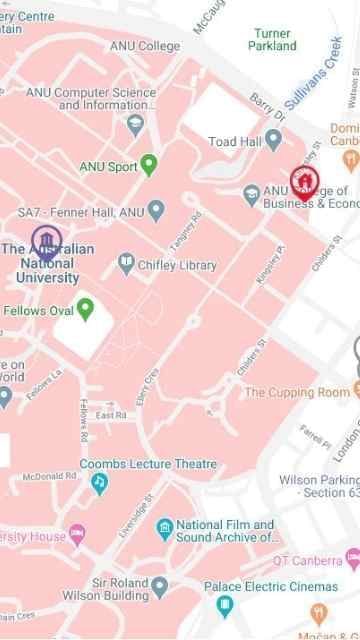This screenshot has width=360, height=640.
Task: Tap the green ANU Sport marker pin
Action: tap(150, 165)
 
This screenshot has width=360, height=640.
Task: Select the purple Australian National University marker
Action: tap(45, 241)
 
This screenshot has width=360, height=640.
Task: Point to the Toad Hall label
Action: tap(236, 142)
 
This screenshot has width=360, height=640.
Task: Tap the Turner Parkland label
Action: tap(273, 39)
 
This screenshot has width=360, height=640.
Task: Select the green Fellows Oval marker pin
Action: tap(86, 309)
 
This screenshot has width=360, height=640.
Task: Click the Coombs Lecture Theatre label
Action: tap(148, 464)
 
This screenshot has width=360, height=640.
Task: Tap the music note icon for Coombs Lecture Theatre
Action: tap(98, 483)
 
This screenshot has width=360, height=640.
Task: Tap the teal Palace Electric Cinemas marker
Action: tap(225, 605)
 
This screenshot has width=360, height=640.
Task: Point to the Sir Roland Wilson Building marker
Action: tap(159, 585)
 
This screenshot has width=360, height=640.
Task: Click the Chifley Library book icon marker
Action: tap(127, 264)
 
